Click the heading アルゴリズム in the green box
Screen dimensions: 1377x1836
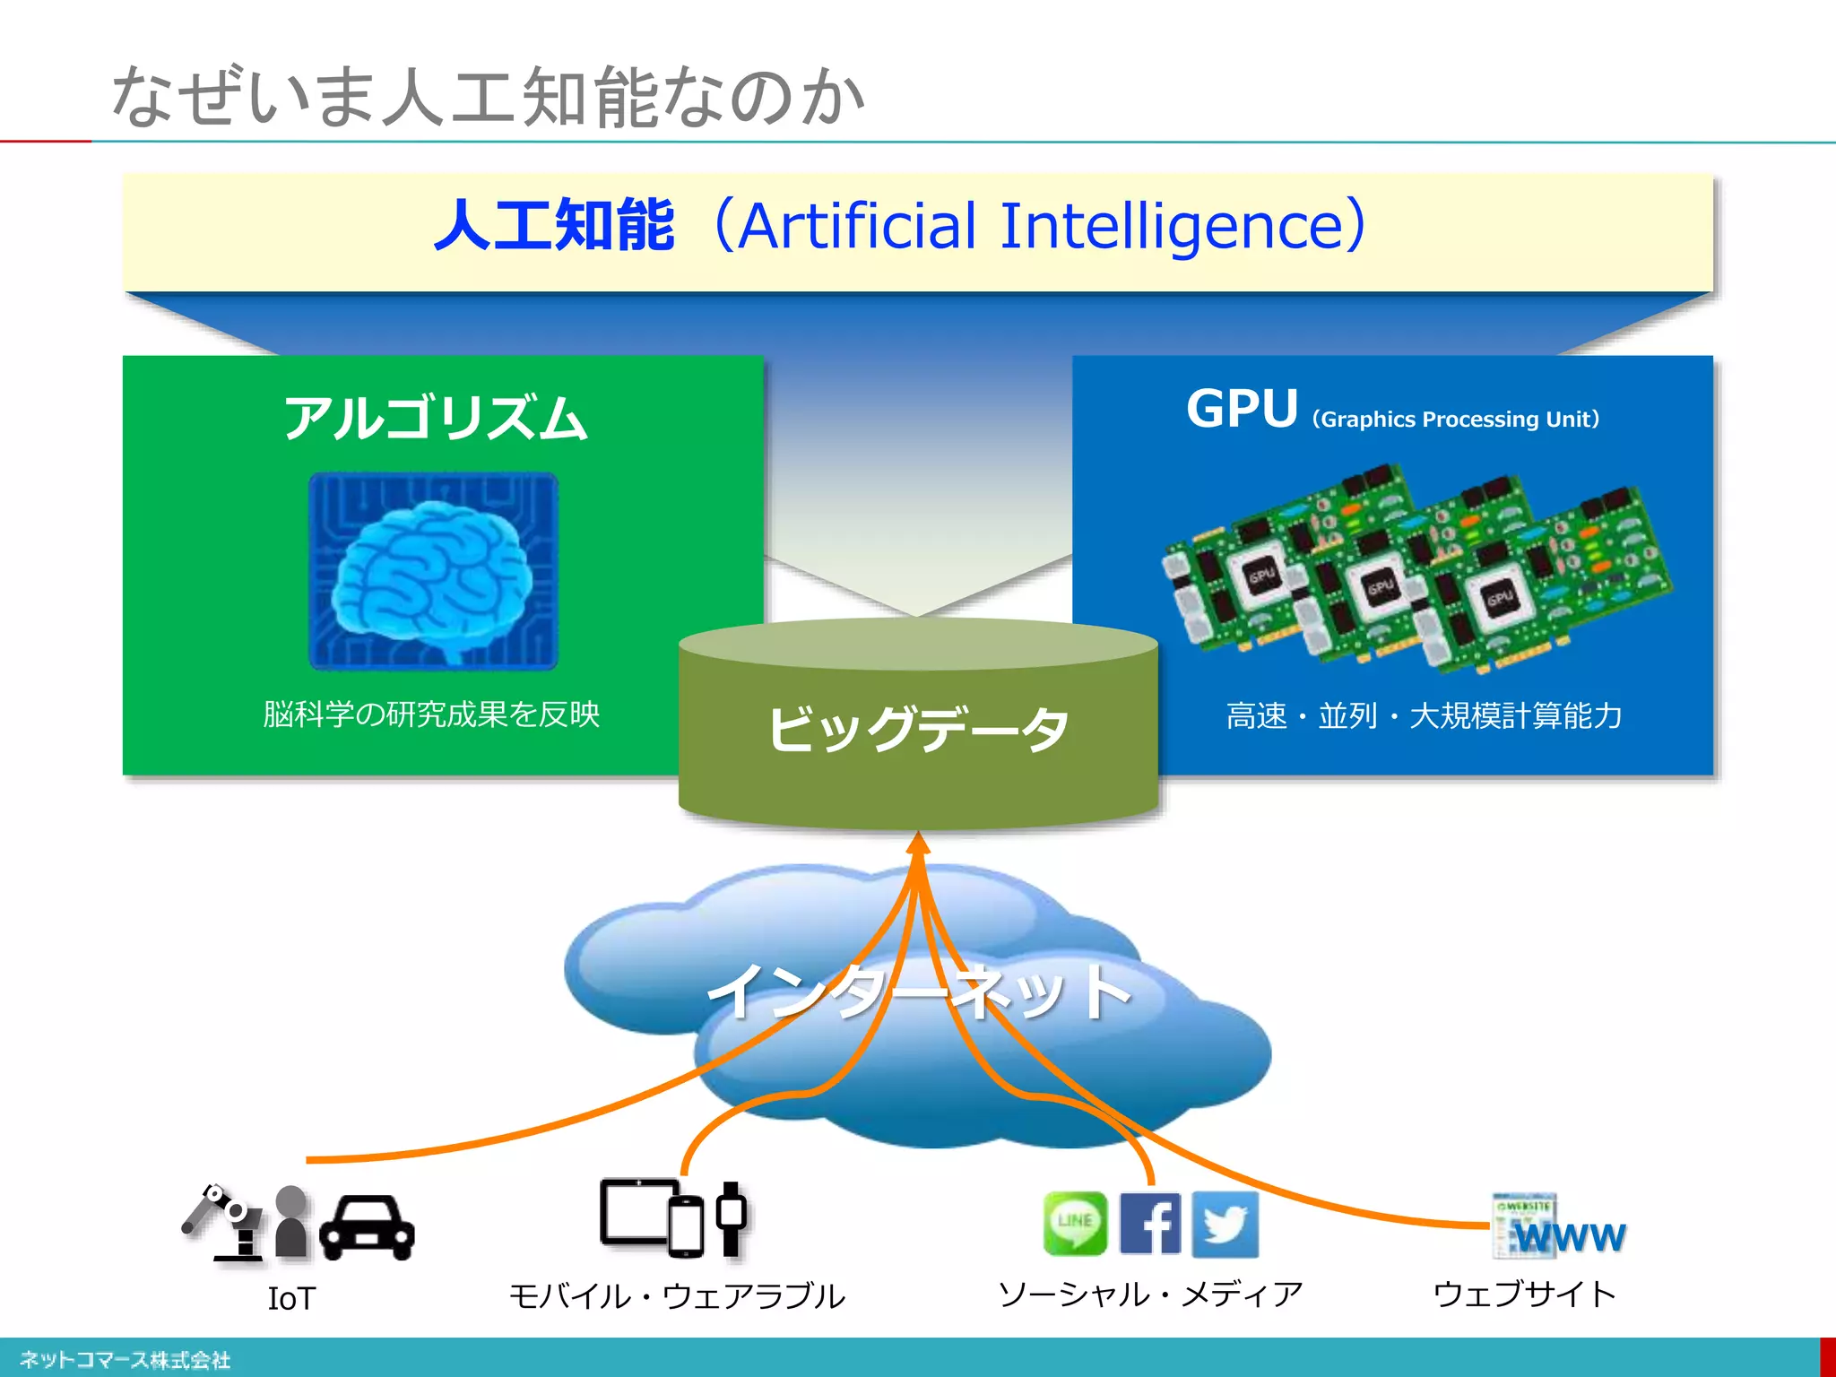click(436, 419)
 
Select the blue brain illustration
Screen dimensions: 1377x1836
click(433, 572)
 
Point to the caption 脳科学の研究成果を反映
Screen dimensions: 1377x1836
click(431, 714)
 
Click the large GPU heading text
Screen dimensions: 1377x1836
click(1242, 410)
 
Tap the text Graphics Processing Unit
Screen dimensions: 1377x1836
click(1456, 420)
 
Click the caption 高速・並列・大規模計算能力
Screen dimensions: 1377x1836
click(1424, 715)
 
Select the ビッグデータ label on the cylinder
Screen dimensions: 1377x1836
click(918, 728)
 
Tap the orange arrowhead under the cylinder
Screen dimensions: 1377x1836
click(918, 844)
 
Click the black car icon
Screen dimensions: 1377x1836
click(368, 1226)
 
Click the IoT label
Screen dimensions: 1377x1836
click(291, 1298)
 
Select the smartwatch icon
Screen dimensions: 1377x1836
click(732, 1217)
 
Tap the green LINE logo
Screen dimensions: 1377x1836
click(1075, 1223)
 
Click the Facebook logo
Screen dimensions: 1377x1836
click(1150, 1223)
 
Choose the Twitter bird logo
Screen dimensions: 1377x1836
click(1225, 1224)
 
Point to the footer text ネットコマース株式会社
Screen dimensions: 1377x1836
click(126, 1359)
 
